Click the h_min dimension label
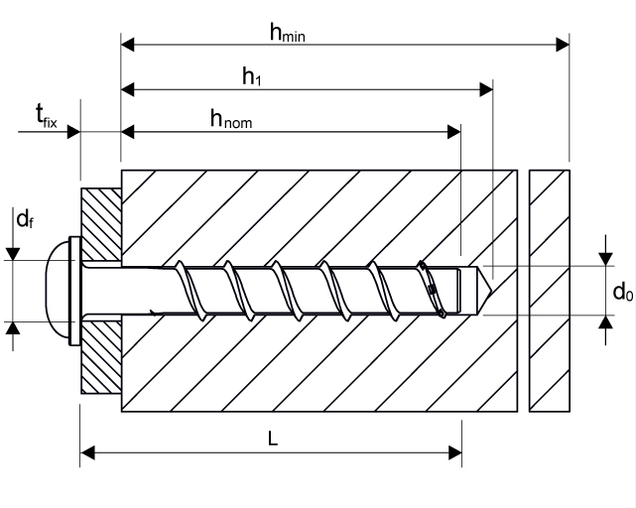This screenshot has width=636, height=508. point(288,33)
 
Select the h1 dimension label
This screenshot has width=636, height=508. point(252,77)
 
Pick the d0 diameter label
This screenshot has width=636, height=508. point(622,292)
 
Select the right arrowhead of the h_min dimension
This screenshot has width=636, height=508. point(563,44)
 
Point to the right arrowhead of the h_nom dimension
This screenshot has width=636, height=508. point(454,131)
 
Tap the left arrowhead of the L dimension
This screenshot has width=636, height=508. point(86,453)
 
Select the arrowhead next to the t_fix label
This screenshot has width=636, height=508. point(73,131)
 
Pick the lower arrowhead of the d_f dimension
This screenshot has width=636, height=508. point(13,329)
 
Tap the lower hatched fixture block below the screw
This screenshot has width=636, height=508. point(100,356)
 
